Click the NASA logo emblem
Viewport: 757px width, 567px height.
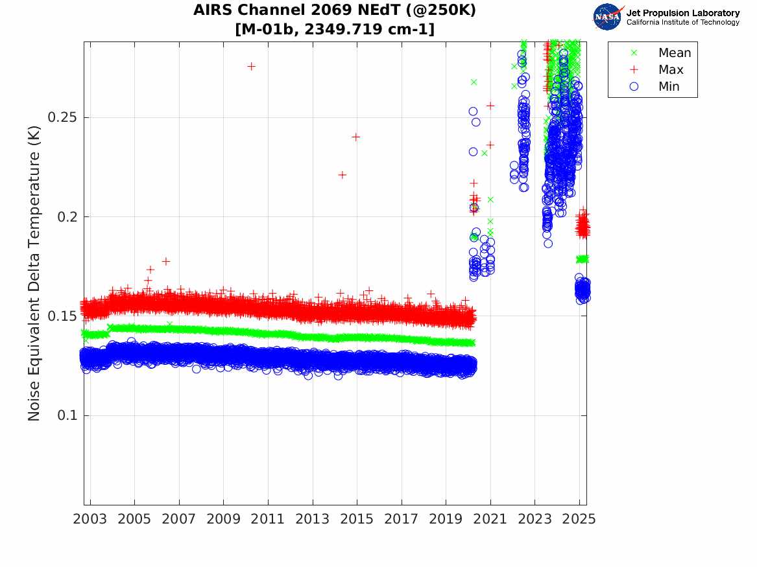[607, 17]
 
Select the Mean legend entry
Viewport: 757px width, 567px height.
[675, 53]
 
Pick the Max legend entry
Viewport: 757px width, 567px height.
[671, 70]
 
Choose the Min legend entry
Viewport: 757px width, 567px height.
[669, 87]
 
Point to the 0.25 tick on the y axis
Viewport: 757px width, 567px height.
[62, 117]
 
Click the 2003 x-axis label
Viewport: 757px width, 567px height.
[90, 519]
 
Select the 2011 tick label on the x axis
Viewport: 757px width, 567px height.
[268, 519]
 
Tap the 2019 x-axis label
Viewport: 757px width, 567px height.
[446, 519]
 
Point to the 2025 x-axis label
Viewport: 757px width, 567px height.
[579, 519]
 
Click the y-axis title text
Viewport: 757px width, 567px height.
[34, 274]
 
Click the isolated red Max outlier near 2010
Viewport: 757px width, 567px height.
[252, 66]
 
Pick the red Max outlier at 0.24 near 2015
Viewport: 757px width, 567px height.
[356, 137]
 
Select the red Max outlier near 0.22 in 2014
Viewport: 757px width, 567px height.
[342, 175]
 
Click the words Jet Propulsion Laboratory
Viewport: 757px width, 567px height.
[682, 13]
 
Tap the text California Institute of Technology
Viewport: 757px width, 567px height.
[682, 23]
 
